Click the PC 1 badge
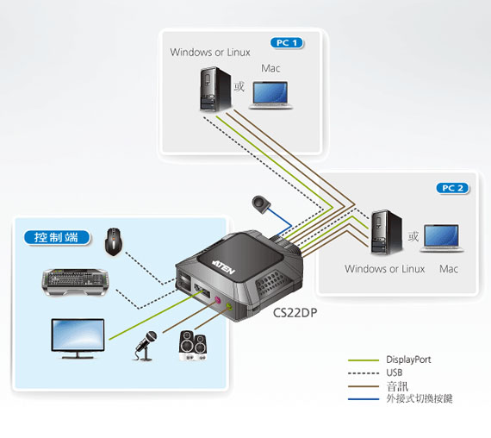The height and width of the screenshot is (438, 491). pos(287,42)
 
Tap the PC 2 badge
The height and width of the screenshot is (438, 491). pos(452,188)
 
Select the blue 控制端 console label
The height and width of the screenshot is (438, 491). pos(57,237)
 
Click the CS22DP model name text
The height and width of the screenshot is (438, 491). pos(295,313)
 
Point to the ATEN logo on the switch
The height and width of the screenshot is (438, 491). pos(224,266)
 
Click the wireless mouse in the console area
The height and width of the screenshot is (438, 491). pos(114,241)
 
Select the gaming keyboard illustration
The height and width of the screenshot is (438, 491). pos(75,282)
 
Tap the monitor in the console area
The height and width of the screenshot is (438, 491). pos(78,339)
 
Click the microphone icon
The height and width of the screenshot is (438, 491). pos(146,346)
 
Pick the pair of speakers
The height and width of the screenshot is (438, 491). pos(193,346)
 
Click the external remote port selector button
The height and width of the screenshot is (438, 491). pos(261,204)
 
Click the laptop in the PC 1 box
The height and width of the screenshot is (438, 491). pos(270,96)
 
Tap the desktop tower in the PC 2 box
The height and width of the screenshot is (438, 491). pos(386,232)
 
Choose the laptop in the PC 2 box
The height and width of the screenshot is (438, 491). pos(442,238)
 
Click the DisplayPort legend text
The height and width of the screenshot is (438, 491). pos(408,360)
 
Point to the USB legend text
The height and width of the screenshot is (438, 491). pos(395,372)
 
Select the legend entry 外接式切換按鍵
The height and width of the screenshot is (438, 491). pos(420,399)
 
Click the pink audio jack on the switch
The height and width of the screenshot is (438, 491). pos(218,300)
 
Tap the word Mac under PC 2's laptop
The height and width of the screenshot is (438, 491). pos(449,269)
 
